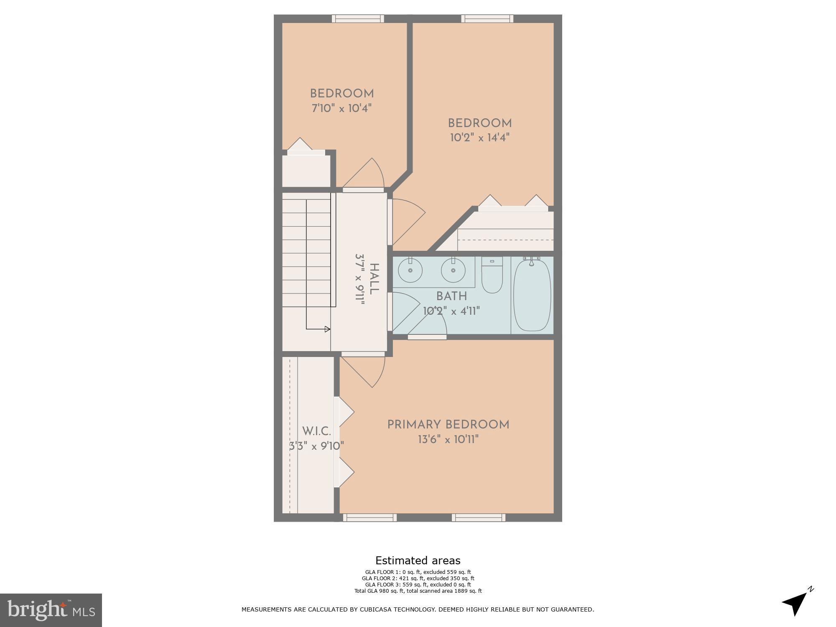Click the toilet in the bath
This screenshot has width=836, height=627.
click(x=492, y=276)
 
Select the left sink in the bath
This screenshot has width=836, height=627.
click(x=410, y=270)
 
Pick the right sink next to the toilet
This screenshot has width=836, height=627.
click(x=453, y=270)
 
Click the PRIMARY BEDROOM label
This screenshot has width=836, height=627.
click(x=448, y=425)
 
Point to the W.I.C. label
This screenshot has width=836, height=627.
click(x=316, y=431)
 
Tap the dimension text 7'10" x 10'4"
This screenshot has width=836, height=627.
click(x=342, y=109)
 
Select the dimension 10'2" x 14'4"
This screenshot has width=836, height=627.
click(x=479, y=138)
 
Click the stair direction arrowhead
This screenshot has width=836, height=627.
click(x=328, y=329)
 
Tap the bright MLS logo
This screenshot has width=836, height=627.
click(x=51, y=610)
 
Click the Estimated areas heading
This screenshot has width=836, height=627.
click(x=418, y=561)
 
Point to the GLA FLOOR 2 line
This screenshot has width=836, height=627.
click(x=418, y=579)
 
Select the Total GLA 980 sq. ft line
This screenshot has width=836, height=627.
click(x=418, y=591)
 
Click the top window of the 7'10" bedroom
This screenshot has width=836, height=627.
click(x=358, y=18)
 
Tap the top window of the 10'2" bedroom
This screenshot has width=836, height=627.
click(x=487, y=18)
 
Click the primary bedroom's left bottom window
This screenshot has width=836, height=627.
click(x=370, y=518)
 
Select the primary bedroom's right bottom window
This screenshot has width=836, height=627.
click(x=478, y=518)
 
